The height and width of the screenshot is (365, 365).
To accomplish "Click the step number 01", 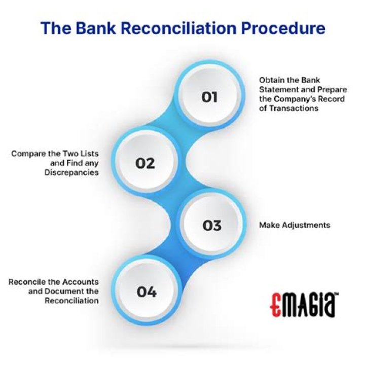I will (x=209, y=96).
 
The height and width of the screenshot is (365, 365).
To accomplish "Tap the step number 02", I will (x=144, y=163).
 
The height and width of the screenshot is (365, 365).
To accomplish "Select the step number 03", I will (x=212, y=225).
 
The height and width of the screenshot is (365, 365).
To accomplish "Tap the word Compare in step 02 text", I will (x=27, y=153).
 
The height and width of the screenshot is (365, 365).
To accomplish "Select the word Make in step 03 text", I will (x=268, y=225).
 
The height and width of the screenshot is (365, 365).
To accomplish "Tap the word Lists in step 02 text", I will (x=88, y=153).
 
